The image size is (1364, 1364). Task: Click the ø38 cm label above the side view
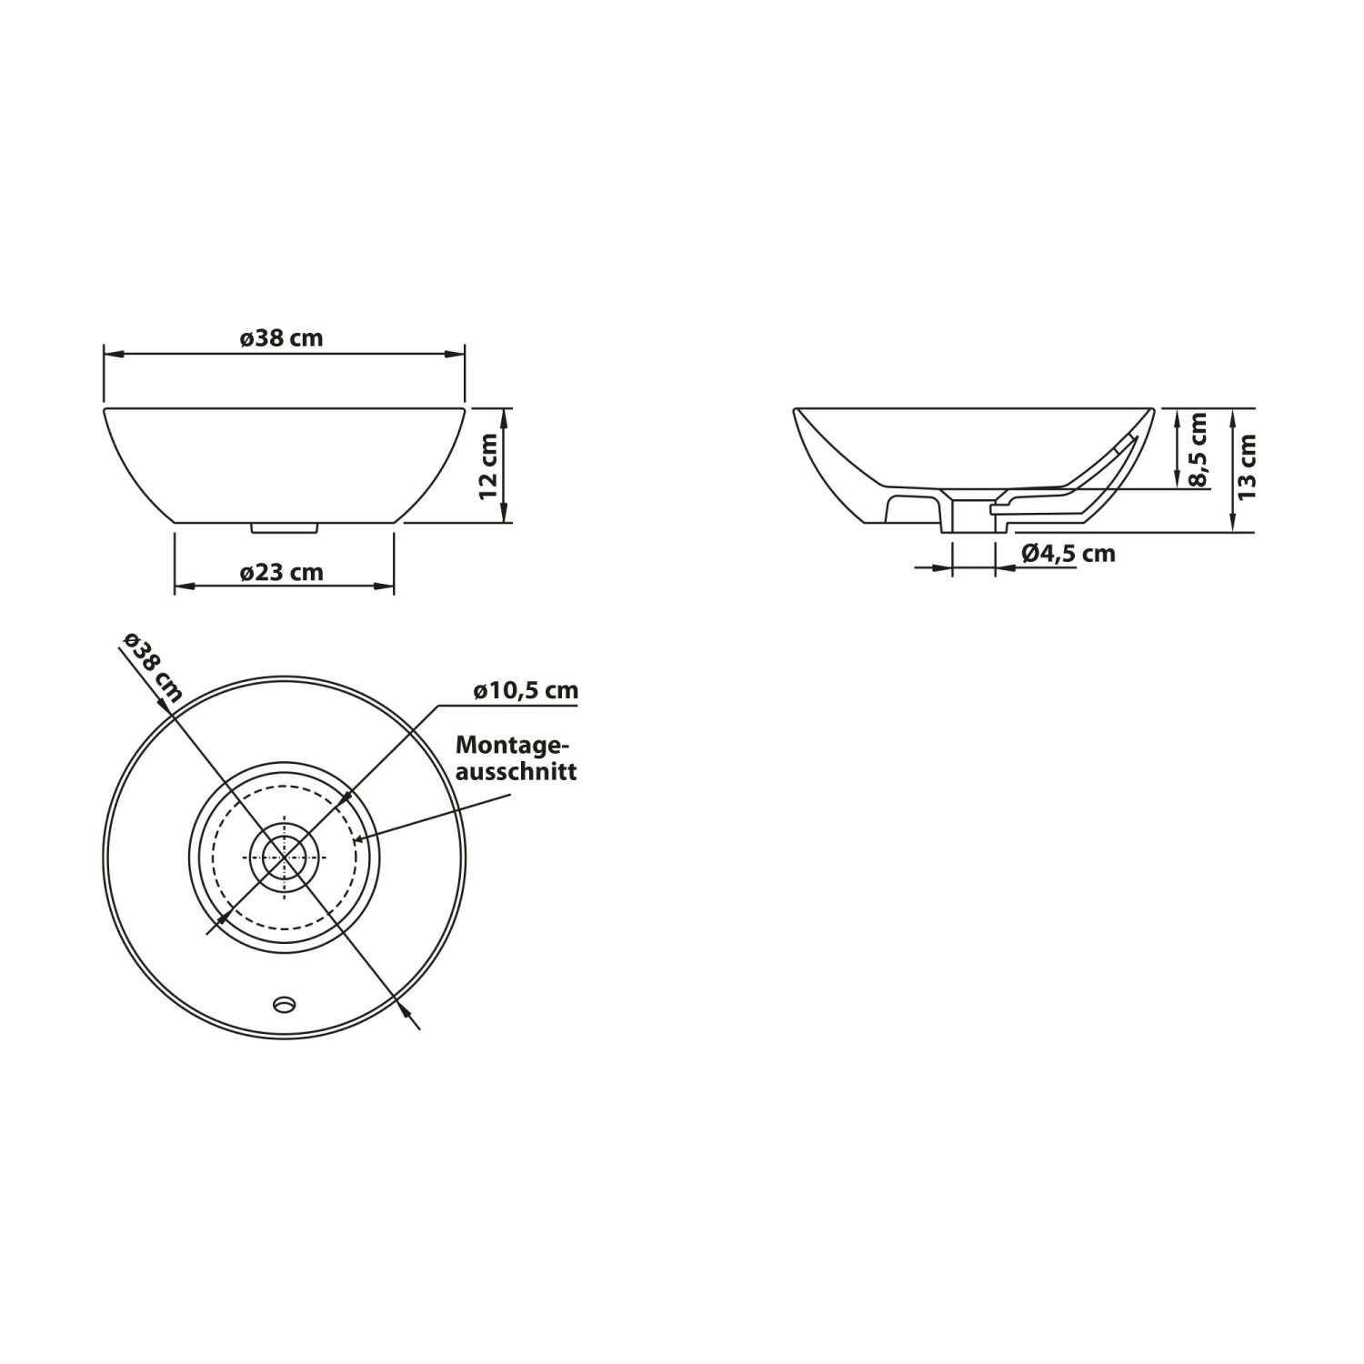(x=282, y=338)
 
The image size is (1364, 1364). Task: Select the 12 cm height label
(x=488, y=465)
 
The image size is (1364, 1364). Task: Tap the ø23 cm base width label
(x=282, y=573)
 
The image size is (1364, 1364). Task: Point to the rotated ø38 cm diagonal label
(x=153, y=666)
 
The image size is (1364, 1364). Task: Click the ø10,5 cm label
(x=526, y=691)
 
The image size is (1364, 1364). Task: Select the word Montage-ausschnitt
(x=515, y=758)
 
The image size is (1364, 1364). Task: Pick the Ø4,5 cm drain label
(x=1068, y=553)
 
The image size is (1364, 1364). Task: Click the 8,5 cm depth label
(x=1199, y=449)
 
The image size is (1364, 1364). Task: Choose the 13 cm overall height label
(x=1247, y=466)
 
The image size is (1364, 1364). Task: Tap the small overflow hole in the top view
(x=285, y=1004)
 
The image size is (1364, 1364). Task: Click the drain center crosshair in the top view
(x=285, y=858)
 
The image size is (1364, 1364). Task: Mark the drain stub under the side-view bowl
(x=284, y=526)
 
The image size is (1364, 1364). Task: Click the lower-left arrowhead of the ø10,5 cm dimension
(x=216, y=923)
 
